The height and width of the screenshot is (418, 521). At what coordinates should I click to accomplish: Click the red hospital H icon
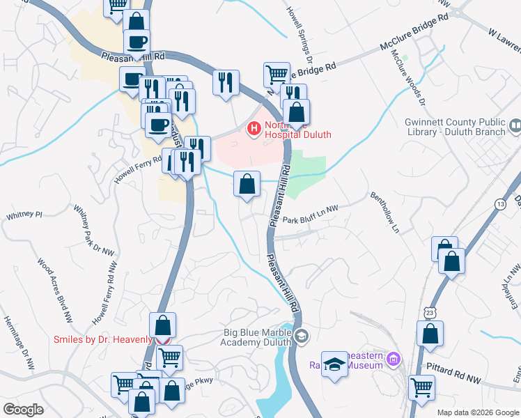point(254,129)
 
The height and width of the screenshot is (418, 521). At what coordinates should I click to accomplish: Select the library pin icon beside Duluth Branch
point(515,127)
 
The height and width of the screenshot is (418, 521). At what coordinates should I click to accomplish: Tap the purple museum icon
point(394,360)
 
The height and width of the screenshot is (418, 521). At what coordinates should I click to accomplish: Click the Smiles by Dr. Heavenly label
point(103,339)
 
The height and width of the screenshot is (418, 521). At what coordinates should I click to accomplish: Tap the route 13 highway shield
point(500,203)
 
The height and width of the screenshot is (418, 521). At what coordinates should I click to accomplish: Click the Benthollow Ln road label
point(387,212)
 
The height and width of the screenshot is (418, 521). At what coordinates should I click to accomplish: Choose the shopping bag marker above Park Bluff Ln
point(247,185)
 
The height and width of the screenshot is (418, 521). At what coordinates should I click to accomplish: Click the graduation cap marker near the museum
point(335,364)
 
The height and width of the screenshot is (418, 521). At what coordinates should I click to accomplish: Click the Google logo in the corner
point(23,410)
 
